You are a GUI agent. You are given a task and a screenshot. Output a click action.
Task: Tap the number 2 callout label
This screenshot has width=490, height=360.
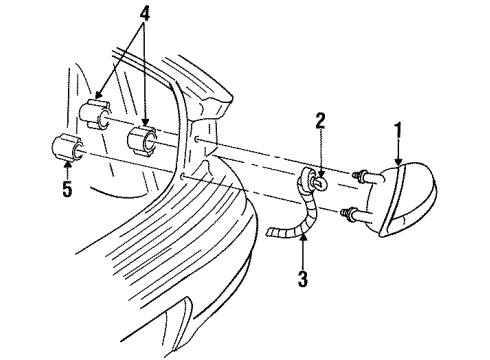tap(320, 123)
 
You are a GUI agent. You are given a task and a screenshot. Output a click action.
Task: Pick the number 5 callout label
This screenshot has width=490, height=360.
tap(67, 189)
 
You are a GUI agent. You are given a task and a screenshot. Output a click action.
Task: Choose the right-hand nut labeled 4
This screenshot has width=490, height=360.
tap(142, 138)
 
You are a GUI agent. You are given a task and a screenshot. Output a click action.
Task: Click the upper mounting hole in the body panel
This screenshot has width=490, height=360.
tap(200, 137)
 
